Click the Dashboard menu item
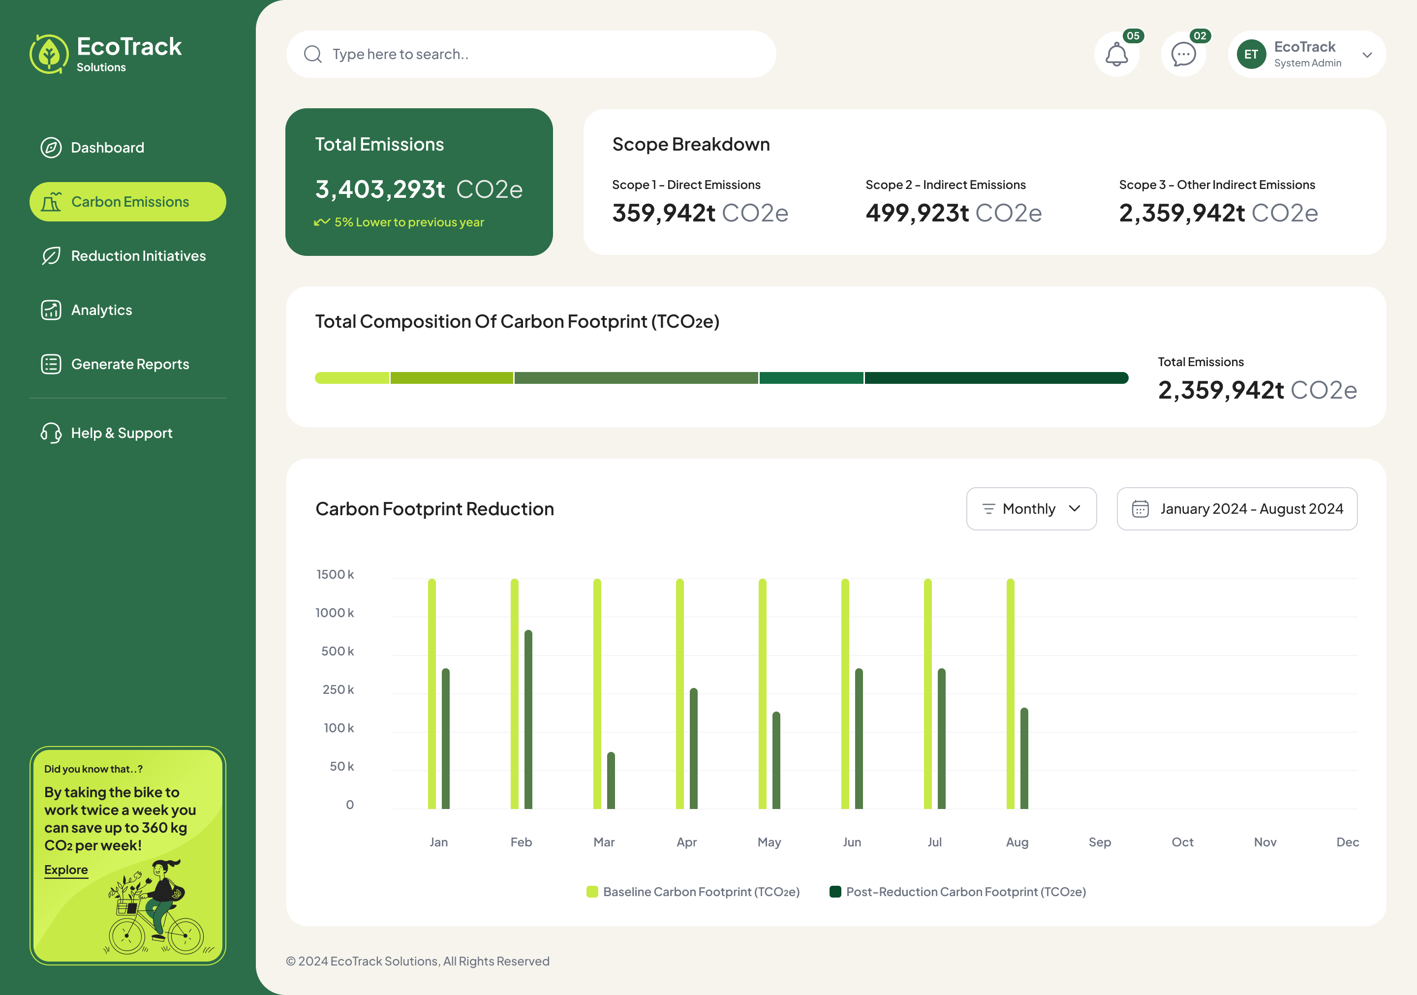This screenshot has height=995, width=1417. pyautogui.click(x=107, y=148)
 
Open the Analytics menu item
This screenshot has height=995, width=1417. pyautogui.click(x=101, y=310)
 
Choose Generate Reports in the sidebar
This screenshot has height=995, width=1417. pyautogui.click(x=129, y=364)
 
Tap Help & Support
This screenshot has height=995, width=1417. pyautogui.click(x=121, y=434)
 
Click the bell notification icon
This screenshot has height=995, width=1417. pyautogui.click(x=1116, y=54)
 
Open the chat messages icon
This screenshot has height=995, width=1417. pyautogui.click(x=1183, y=54)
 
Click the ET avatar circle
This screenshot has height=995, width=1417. pyautogui.click(x=1251, y=54)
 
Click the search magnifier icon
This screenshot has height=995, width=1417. pyautogui.click(x=313, y=54)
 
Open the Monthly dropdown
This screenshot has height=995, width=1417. pyautogui.click(x=1031, y=509)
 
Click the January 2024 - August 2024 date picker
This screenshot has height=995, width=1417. pyautogui.click(x=1237, y=509)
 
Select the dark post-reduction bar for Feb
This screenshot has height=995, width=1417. pyautogui.click(x=528, y=719)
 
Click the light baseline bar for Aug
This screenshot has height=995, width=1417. pyautogui.click(x=1010, y=694)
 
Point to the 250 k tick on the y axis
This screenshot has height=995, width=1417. pyautogui.click(x=338, y=689)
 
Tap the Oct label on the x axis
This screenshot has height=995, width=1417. pyautogui.click(x=1182, y=842)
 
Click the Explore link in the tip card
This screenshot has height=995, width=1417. pyautogui.click(x=66, y=870)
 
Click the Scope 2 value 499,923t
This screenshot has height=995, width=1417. pyautogui.click(x=917, y=213)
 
